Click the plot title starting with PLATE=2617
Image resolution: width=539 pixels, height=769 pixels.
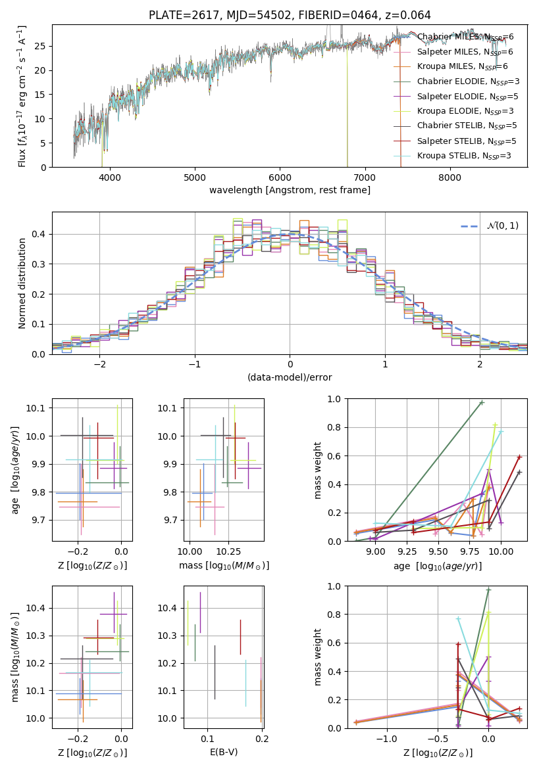(x=290, y=15)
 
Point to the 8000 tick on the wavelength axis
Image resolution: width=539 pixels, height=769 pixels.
(x=449, y=177)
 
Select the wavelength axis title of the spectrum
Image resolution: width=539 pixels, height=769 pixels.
(x=290, y=190)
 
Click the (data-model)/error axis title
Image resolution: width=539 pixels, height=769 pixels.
(x=290, y=377)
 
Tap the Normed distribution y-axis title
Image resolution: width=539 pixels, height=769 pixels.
(x=22, y=283)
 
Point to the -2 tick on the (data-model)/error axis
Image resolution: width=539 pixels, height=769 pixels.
(x=99, y=364)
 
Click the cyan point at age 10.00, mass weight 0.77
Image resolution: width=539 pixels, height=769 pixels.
(x=501, y=432)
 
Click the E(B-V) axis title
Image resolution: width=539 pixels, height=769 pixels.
(x=224, y=751)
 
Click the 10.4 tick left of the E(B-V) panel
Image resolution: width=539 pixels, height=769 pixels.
(x=167, y=608)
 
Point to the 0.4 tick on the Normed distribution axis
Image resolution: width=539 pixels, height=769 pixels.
(x=39, y=234)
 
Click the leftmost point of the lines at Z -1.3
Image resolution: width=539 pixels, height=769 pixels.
(x=356, y=722)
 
